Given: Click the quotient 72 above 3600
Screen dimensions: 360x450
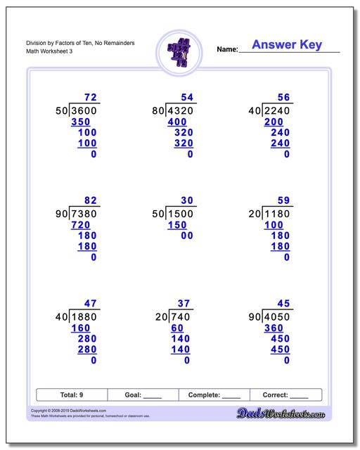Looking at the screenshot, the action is point(91,97).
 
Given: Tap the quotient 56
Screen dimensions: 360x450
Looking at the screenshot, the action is point(284,97).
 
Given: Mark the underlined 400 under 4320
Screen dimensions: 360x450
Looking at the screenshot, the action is point(177,122).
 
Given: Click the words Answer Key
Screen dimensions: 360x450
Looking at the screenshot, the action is point(287,45).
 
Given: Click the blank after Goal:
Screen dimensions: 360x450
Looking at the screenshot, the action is point(152,396).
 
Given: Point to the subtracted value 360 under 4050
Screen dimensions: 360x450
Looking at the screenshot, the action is point(274,328).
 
